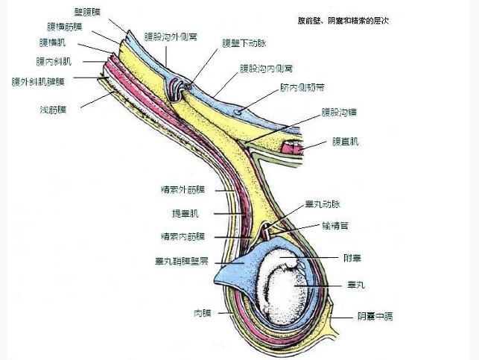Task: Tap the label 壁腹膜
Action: pos(89,12)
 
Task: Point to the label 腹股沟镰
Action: pos(339,112)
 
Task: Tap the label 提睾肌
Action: pos(185,212)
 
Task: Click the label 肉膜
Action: pos(202,313)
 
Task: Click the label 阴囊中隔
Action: pos(375,316)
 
